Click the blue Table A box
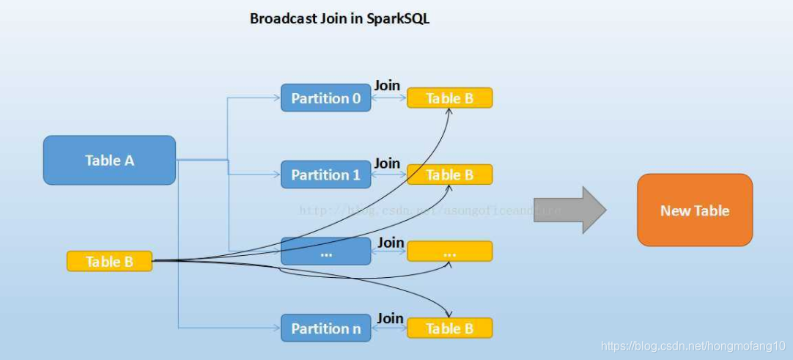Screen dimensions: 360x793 109,160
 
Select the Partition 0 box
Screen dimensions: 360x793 325,98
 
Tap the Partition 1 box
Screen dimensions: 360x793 325,175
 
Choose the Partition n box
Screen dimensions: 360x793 325,328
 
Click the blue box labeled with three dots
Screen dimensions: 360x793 325,251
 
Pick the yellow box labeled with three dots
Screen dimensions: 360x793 449,251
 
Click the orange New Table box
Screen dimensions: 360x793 695,210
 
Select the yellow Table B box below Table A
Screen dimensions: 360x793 109,261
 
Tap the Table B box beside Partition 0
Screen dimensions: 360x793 449,98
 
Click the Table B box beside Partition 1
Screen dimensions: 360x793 449,175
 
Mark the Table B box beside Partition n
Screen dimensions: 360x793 449,328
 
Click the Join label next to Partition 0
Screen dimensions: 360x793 387,86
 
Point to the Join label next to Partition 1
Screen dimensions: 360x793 387,163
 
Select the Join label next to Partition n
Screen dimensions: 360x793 390,317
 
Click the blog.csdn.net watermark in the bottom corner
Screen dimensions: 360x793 693,345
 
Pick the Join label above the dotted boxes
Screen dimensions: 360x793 391,242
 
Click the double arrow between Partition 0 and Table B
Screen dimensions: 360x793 388,98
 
